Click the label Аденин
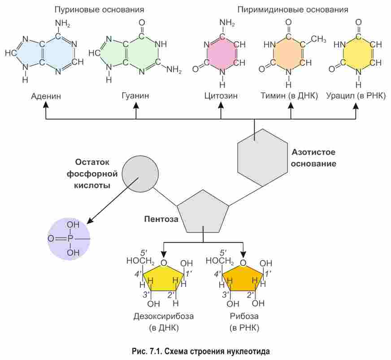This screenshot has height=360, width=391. point(46,96)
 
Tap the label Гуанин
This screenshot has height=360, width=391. point(135,96)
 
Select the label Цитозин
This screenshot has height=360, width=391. point(221,96)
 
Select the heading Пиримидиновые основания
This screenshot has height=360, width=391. point(293,9)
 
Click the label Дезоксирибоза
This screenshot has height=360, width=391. point(163,317)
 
